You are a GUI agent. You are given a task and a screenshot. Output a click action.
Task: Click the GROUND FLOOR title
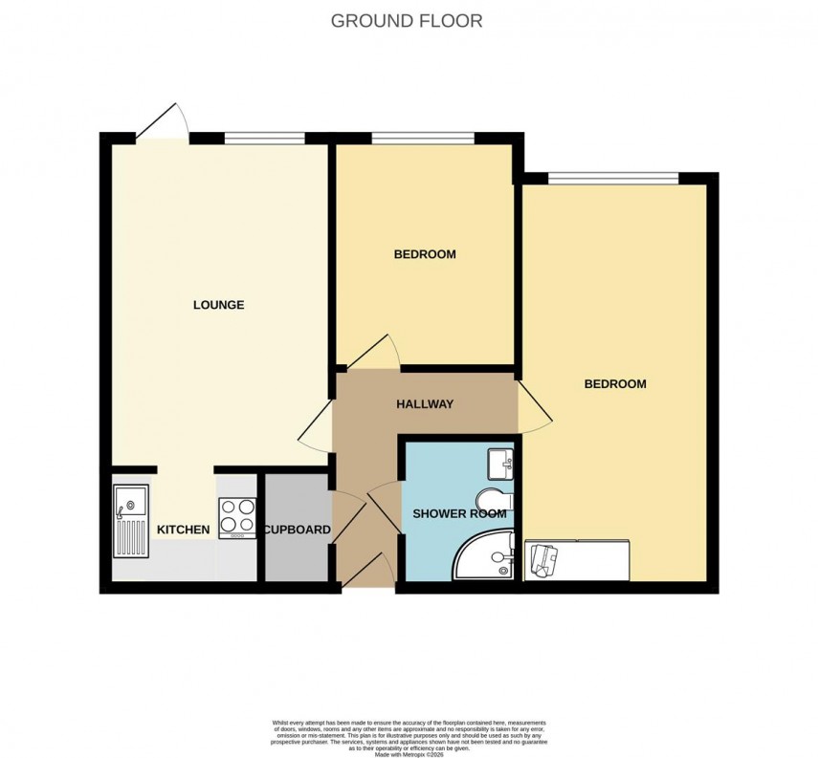point(407,20)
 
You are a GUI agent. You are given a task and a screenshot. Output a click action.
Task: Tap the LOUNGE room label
point(219,305)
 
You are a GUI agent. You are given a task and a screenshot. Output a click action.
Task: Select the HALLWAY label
point(425,404)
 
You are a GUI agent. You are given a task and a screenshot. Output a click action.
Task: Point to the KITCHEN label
point(183,530)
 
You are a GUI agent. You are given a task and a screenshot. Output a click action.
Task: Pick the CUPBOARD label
point(297,530)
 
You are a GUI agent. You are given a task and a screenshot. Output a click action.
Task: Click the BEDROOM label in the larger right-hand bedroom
point(615,384)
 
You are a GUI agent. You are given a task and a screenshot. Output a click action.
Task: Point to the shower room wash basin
point(500,465)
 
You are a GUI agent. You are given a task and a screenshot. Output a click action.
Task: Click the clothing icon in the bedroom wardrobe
point(542,558)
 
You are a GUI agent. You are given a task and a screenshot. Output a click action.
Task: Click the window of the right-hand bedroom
point(613,178)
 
